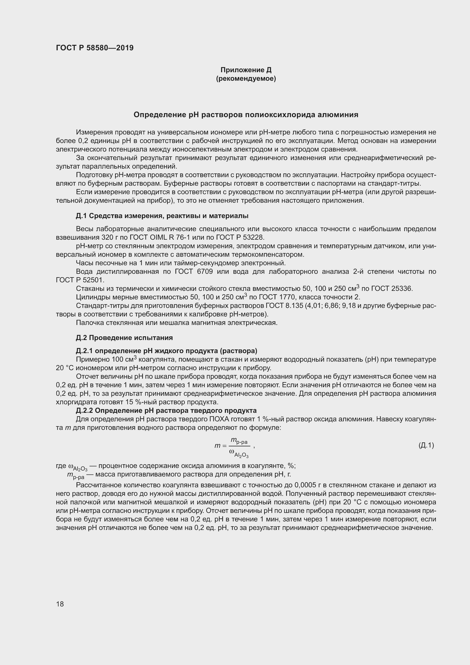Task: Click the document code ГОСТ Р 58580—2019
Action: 95,48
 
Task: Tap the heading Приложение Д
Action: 246,70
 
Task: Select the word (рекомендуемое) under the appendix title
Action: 246,79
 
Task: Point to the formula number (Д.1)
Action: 426,445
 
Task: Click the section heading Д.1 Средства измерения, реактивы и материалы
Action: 162,216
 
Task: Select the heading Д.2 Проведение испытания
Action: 124,338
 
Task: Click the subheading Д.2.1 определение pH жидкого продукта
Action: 167,351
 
